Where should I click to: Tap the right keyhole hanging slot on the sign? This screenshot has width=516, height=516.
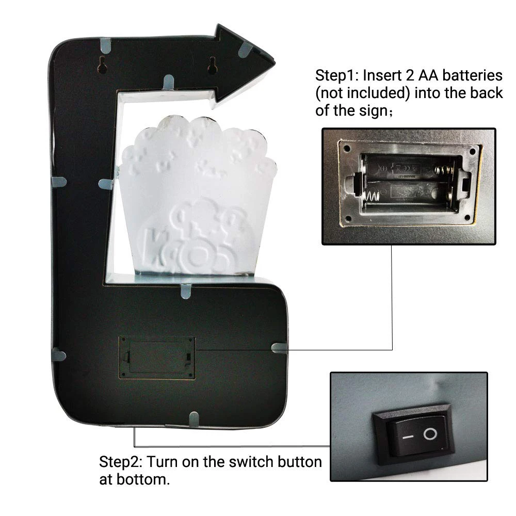click(212, 64)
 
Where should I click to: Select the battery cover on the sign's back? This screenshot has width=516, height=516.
click(157, 358)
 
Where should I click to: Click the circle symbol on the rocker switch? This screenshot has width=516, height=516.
click(430, 434)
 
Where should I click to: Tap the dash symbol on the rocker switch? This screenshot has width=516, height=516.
click(408, 437)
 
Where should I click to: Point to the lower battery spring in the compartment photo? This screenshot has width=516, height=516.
click(372, 196)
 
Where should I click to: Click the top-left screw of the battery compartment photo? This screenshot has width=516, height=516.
click(346, 149)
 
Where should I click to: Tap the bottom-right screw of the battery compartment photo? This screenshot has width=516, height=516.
click(466, 218)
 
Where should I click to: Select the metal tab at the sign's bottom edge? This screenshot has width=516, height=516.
click(194, 420)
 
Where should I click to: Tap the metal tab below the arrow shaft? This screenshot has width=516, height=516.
click(169, 82)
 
